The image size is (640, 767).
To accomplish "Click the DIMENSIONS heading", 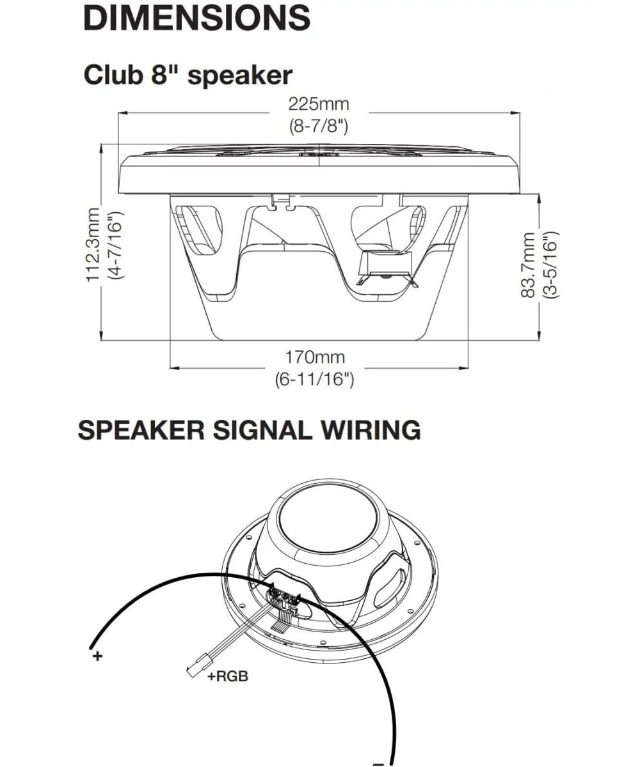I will [x=196, y=18].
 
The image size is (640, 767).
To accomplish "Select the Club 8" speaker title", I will [x=188, y=75].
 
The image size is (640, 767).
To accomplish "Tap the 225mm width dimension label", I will [x=318, y=104].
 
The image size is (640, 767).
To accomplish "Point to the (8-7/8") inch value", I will [x=318, y=126].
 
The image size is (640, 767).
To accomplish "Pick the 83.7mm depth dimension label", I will [x=528, y=265].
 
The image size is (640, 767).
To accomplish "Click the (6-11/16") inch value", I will [x=315, y=379].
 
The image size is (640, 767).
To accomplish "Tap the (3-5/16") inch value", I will [x=551, y=265].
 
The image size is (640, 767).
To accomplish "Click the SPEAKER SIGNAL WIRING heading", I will [x=249, y=430].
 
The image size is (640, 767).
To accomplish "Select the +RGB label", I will [x=228, y=677].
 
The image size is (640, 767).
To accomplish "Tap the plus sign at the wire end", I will [x=97, y=656].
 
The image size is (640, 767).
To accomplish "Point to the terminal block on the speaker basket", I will [x=285, y=598].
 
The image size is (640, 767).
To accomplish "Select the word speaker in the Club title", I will [x=240, y=75].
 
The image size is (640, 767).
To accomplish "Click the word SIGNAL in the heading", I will [x=259, y=430].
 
